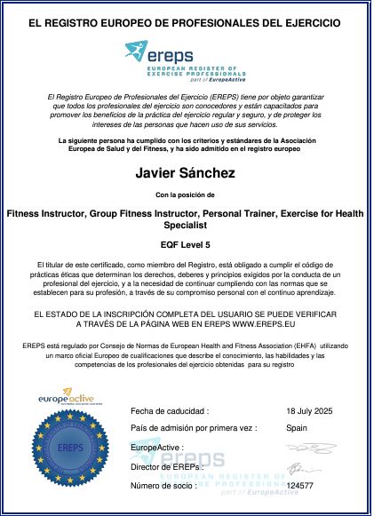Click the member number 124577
(x=302, y=486)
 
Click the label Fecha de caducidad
(x=170, y=411)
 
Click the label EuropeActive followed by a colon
(x=156, y=447)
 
